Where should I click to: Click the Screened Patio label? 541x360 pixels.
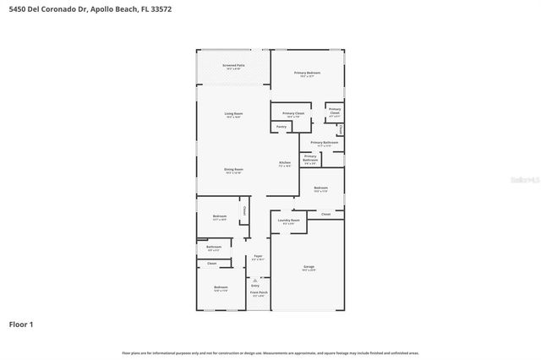coord(233,65)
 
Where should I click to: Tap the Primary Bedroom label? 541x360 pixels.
coord(307,74)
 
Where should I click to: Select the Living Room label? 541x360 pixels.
coord(233,114)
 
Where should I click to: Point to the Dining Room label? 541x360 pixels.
coord(233,170)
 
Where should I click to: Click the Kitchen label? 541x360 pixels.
coord(286,163)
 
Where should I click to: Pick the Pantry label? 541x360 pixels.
coord(280,127)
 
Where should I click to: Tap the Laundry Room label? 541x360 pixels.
coord(289,221)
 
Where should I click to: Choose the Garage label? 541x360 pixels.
coord(309,267)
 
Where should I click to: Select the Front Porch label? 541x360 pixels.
coord(258,293)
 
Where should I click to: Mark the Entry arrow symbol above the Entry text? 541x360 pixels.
coord(255,281)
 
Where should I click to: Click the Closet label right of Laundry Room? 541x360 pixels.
coord(325,215)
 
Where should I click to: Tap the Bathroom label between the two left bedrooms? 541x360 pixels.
coord(213,248)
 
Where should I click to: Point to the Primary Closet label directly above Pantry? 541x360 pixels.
coord(293,113)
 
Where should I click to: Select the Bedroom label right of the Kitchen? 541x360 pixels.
coord(320,188)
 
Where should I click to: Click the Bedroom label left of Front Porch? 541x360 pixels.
coord(220,288)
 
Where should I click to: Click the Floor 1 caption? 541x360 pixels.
coord(22,325)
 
